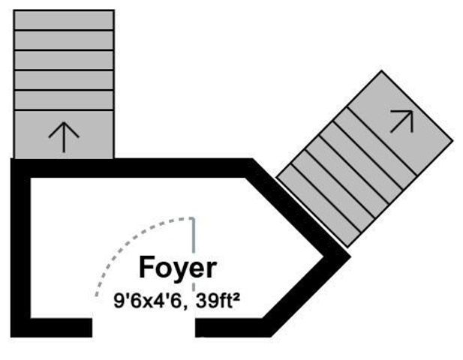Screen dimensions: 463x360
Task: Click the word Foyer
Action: coord(178,268)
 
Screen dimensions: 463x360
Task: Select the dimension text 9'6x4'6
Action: coord(147,301)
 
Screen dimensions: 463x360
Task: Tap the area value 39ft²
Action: coord(218,301)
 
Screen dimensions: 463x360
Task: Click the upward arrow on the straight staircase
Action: coord(64,137)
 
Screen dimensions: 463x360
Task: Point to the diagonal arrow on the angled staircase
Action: coord(402,121)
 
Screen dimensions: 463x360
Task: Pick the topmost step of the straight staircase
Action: coord(64,20)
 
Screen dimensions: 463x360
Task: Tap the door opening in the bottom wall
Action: coord(143,328)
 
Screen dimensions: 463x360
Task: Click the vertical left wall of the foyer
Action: coord(20,247)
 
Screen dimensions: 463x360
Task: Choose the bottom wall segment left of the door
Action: coord(51,328)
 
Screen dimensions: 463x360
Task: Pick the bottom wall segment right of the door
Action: coord(233,328)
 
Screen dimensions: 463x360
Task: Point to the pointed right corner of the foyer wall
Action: coord(350,256)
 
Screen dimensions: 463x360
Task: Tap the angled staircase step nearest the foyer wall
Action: coord(319,205)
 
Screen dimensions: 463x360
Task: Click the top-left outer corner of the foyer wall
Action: coord(11,159)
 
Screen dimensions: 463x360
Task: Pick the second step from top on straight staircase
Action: coord(64,40)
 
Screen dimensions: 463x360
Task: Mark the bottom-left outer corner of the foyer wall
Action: coord(11,337)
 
